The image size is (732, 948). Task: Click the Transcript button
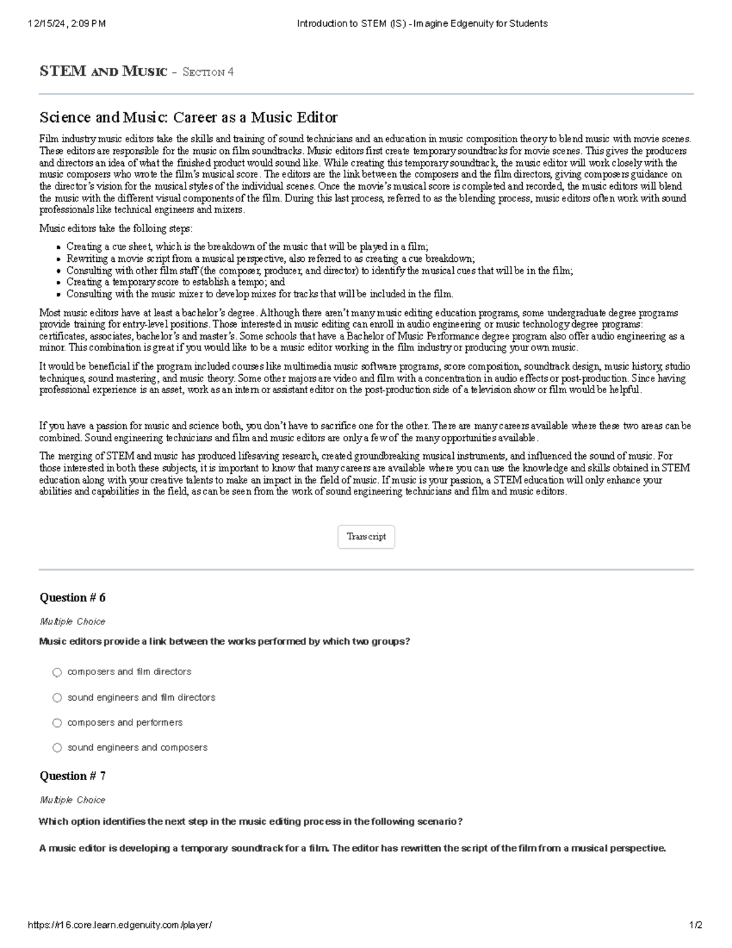pos(366,537)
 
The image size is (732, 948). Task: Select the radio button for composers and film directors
pos(57,672)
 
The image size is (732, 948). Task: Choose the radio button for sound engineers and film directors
pos(57,697)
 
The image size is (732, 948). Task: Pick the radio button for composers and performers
pos(57,723)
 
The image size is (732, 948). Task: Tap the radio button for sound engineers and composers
pos(57,748)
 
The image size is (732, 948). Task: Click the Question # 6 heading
pos(72,598)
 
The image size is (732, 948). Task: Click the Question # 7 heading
pos(72,776)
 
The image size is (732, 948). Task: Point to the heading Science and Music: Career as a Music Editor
pos(188,117)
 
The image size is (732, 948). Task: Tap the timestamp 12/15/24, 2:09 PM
pos(66,24)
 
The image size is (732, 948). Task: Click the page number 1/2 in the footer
pos(695,925)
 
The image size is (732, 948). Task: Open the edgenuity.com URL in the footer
pos(120,925)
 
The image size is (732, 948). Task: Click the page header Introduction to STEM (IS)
pos(422,24)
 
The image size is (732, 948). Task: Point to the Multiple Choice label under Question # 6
pos(72,621)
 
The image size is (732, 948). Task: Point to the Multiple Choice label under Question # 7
pos(72,800)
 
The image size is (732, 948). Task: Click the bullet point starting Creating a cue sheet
pos(247,247)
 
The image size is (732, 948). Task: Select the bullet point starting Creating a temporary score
pos(176,282)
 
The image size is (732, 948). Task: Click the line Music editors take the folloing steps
pos(116,228)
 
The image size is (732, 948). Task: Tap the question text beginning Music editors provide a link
pos(224,642)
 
